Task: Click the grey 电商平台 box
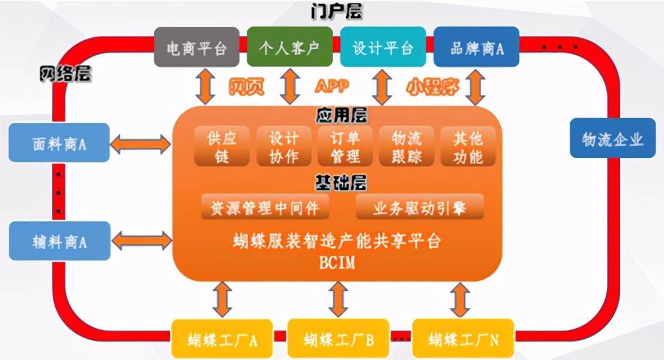(196, 47)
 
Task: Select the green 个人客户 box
(289, 47)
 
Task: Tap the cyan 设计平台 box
(383, 47)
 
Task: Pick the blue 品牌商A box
(476, 47)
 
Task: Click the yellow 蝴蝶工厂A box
(222, 340)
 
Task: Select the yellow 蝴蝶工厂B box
(339, 340)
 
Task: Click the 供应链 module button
(222, 147)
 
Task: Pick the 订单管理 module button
(345, 147)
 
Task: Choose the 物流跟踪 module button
(406, 147)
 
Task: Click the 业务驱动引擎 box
(420, 208)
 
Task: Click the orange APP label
(332, 86)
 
